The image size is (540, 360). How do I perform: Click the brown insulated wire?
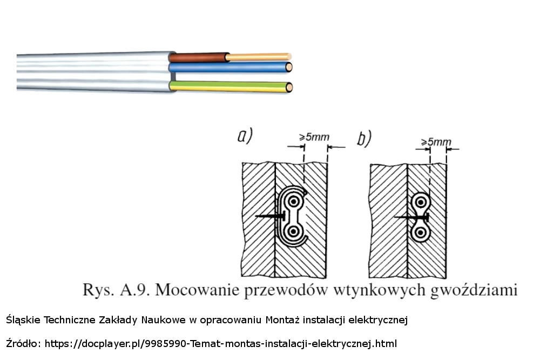coord(197,57)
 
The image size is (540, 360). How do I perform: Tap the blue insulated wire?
coord(227,67)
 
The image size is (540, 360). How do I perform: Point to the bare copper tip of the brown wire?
coord(259,56)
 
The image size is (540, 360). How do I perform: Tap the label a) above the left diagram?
coord(246,137)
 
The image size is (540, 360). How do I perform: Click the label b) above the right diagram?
coord(364,139)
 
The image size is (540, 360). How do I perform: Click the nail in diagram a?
coord(270,216)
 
